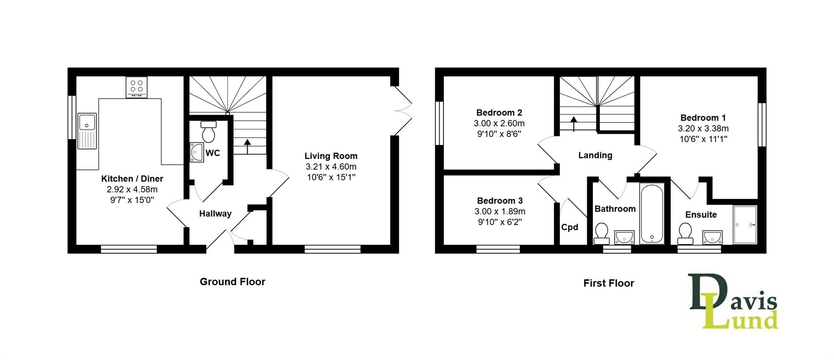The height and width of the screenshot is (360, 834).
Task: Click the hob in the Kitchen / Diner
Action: (136, 87)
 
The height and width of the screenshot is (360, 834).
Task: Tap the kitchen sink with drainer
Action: (87, 131)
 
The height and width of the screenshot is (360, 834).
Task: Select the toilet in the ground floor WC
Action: (208, 132)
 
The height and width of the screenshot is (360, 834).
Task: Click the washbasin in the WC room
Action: (197, 152)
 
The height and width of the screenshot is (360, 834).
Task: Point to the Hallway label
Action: (215, 214)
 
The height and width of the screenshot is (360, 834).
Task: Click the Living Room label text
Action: (331, 156)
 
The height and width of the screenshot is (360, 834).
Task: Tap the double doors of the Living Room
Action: (403, 111)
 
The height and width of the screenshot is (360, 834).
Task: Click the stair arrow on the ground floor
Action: (248, 146)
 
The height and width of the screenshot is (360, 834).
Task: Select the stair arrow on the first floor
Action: (573, 123)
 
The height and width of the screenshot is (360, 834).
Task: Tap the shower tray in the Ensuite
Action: (745, 225)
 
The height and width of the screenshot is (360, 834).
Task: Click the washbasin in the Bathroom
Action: (624, 237)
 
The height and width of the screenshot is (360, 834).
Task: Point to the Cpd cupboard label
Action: (569, 227)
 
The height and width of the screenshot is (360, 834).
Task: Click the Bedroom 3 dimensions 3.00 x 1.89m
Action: (500, 211)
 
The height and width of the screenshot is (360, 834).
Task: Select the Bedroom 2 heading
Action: (499, 112)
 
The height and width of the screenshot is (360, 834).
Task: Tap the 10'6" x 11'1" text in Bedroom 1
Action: (703, 139)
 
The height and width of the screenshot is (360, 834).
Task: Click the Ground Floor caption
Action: (232, 282)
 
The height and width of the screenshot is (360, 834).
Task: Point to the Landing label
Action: (595, 155)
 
